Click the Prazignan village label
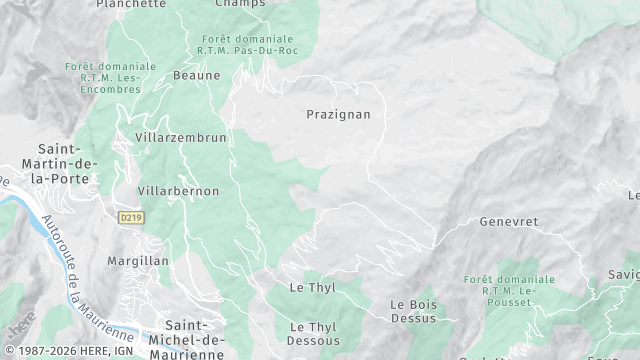tap(338, 114)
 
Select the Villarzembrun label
tap(181, 137)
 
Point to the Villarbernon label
tap(178, 190)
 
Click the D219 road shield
tap(129, 217)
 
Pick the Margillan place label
tap(138, 260)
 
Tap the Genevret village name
tap(509, 221)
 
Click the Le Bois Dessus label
tap(413, 311)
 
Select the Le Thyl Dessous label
tap(313, 333)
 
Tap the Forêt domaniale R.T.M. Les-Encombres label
tap(110, 77)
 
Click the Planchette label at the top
tap(131, 4)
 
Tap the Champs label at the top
tap(240, 4)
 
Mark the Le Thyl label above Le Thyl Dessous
tap(312, 287)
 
